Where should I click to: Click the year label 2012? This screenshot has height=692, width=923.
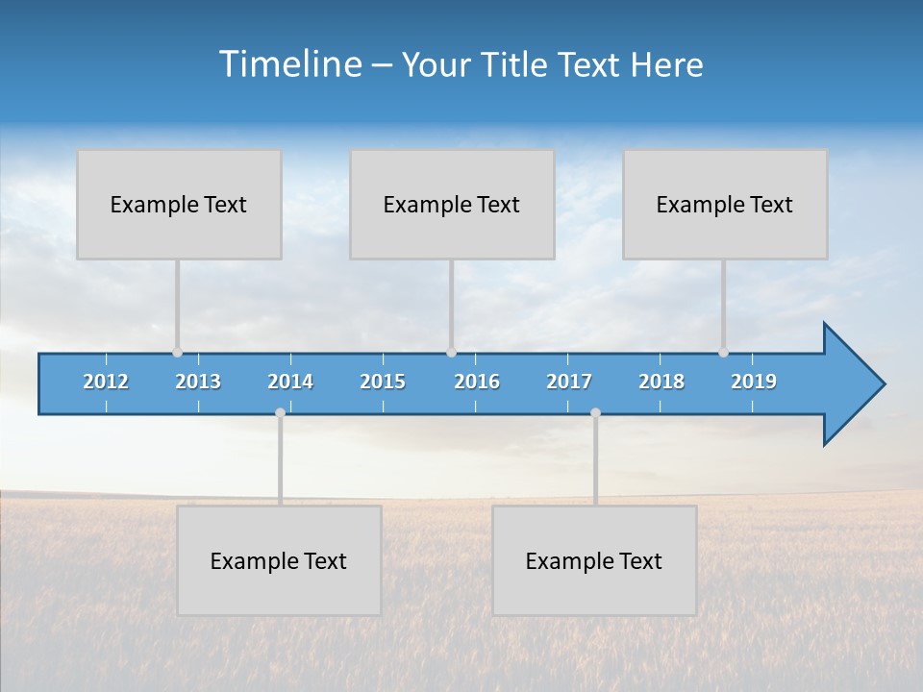click(106, 382)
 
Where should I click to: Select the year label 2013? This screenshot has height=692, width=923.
click(198, 382)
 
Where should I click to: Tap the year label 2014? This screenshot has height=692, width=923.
click(290, 382)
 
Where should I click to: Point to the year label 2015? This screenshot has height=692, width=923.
click(383, 382)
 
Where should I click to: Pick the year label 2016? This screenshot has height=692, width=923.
click(477, 382)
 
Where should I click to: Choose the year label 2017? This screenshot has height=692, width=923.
click(569, 382)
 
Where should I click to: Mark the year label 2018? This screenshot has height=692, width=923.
click(661, 382)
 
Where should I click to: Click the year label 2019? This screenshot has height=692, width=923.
click(754, 382)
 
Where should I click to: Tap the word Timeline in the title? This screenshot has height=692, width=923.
click(289, 64)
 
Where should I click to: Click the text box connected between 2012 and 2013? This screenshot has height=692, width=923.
click(179, 204)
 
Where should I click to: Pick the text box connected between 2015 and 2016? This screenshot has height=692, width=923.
click(452, 204)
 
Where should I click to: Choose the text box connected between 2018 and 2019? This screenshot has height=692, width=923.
click(725, 204)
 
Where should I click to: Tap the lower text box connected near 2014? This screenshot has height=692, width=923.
click(279, 560)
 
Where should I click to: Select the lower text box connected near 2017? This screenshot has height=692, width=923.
click(594, 560)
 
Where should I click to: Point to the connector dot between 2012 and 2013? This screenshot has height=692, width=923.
click(177, 353)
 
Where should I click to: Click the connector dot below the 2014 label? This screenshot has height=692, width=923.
click(280, 413)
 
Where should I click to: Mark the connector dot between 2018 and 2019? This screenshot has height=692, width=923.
click(723, 353)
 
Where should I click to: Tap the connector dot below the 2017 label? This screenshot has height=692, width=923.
click(595, 413)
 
